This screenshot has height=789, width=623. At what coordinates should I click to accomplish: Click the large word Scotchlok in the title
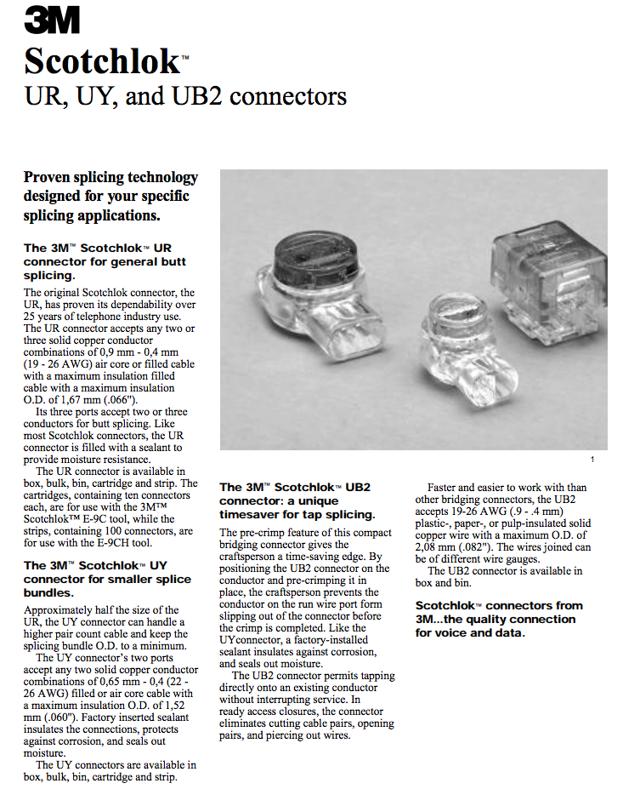click(x=101, y=60)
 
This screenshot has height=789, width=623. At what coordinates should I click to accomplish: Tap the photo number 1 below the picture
click(x=592, y=460)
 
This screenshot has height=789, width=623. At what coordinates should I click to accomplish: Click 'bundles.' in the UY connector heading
click(x=49, y=592)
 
